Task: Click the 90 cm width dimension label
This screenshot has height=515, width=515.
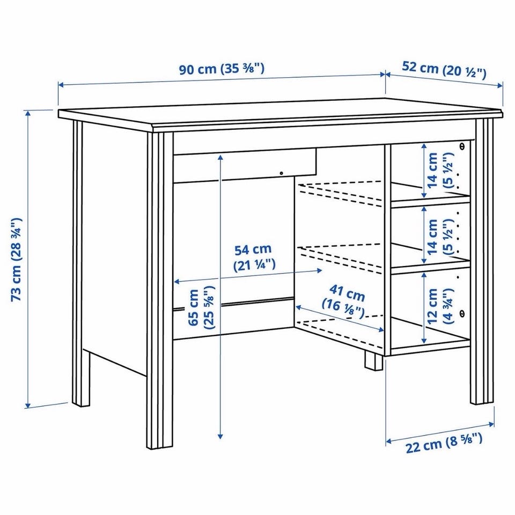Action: pos(222,69)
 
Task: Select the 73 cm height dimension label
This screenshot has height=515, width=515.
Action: pos(17,259)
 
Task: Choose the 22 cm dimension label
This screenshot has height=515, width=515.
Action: pos(444,443)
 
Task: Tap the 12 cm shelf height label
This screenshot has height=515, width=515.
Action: pos(439,306)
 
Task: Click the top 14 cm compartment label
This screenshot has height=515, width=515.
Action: pos(439,170)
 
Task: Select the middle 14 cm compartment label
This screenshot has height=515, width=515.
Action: pos(439,237)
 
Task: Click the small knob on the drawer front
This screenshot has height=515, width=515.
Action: pos(281,173)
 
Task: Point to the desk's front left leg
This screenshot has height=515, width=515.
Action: pos(160,290)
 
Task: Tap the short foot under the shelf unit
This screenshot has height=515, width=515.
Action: pos(374,360)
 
